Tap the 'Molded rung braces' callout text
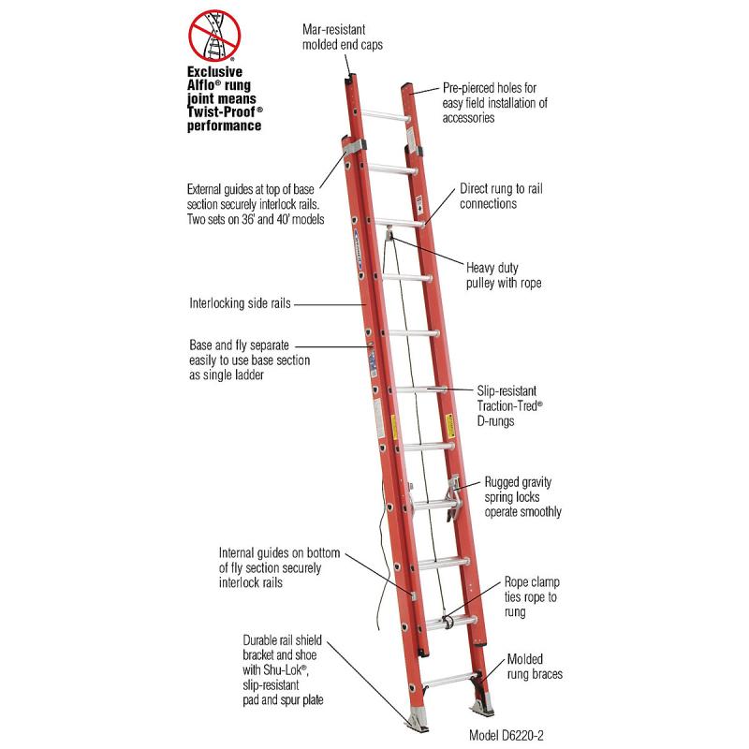click(537, 666)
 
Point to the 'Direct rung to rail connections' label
click(502, 196)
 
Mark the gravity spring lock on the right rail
click(454, 495)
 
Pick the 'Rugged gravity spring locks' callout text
click(522, 496)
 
